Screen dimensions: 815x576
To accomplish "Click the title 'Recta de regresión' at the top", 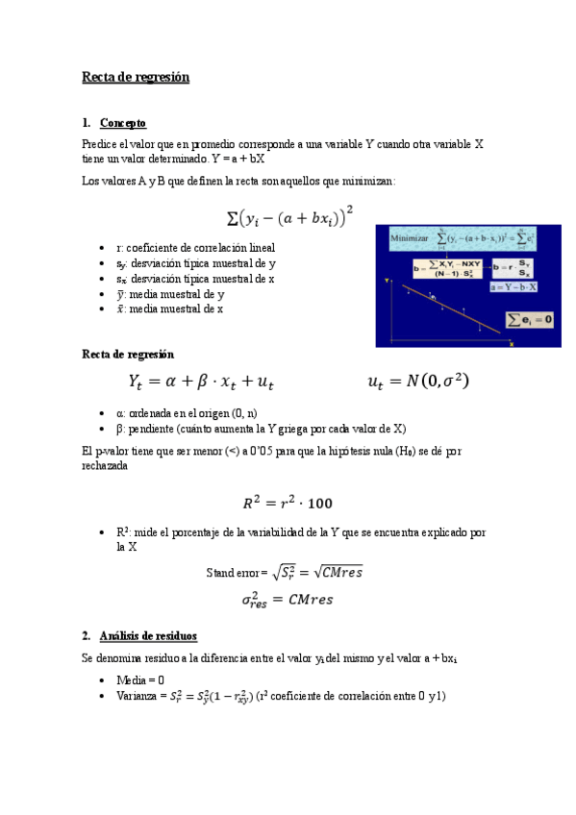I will pos(136,77).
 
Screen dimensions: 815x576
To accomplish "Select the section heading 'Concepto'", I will pos(123,123).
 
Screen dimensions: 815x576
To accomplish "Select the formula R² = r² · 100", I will pos(288,502).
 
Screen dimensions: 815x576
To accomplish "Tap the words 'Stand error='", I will pos(237,573).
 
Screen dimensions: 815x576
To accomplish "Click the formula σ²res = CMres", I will pos(287,600).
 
